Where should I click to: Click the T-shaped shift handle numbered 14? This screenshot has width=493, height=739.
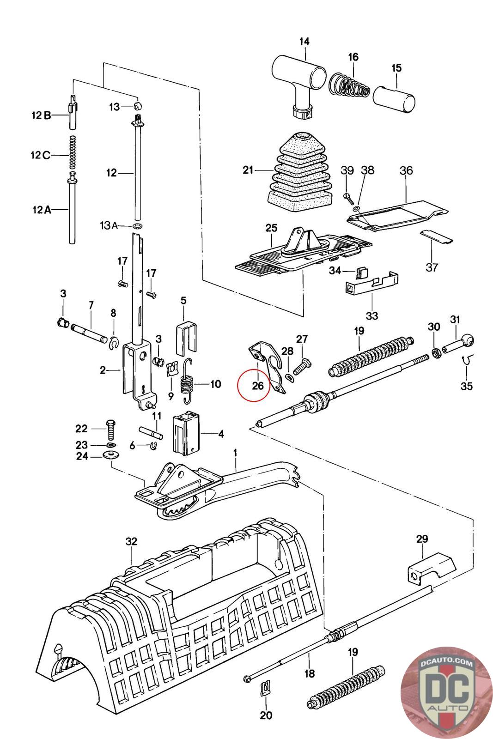[298, 78]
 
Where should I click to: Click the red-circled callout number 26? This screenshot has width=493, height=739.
[258, 385]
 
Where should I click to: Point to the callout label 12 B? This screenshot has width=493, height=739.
[41, 115]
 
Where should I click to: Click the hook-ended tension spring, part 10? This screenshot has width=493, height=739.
[188, 381]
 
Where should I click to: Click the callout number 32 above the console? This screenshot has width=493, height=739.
[131, 541]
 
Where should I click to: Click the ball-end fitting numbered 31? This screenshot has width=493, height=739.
[458, 344]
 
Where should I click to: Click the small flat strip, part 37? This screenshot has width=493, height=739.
[437, 237]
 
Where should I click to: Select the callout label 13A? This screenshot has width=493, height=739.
[109, 226]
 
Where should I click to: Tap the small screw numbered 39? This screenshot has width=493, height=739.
[348, 199]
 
